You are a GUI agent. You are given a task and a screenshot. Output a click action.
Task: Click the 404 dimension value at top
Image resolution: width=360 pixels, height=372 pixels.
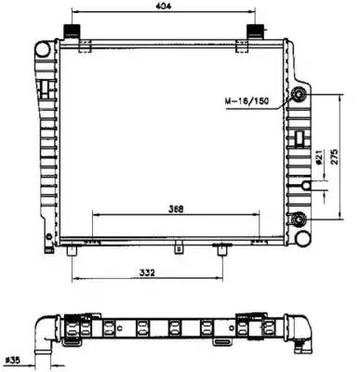[x=164, y=6]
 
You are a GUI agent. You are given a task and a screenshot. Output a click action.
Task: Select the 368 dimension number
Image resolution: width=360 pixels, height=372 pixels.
[x=176, y=209]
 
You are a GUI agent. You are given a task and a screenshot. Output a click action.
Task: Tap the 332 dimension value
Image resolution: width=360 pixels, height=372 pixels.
[x=147, y=272]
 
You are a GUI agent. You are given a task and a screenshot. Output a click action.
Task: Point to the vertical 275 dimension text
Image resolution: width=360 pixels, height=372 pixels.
[x=335, y=157]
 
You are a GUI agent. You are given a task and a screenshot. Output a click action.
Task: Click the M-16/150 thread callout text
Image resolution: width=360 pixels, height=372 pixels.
[x=247, y=101]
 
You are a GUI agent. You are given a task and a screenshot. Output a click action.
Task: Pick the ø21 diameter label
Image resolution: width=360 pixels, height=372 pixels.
[x=318, y=157]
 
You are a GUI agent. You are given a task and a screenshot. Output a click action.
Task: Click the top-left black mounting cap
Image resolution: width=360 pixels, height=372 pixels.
[x=72, y=32]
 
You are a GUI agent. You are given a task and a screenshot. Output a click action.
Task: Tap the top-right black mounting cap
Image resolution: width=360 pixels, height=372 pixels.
[x=255, y=32]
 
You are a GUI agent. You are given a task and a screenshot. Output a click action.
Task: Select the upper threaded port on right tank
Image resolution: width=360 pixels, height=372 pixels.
[x=300, y=94]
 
